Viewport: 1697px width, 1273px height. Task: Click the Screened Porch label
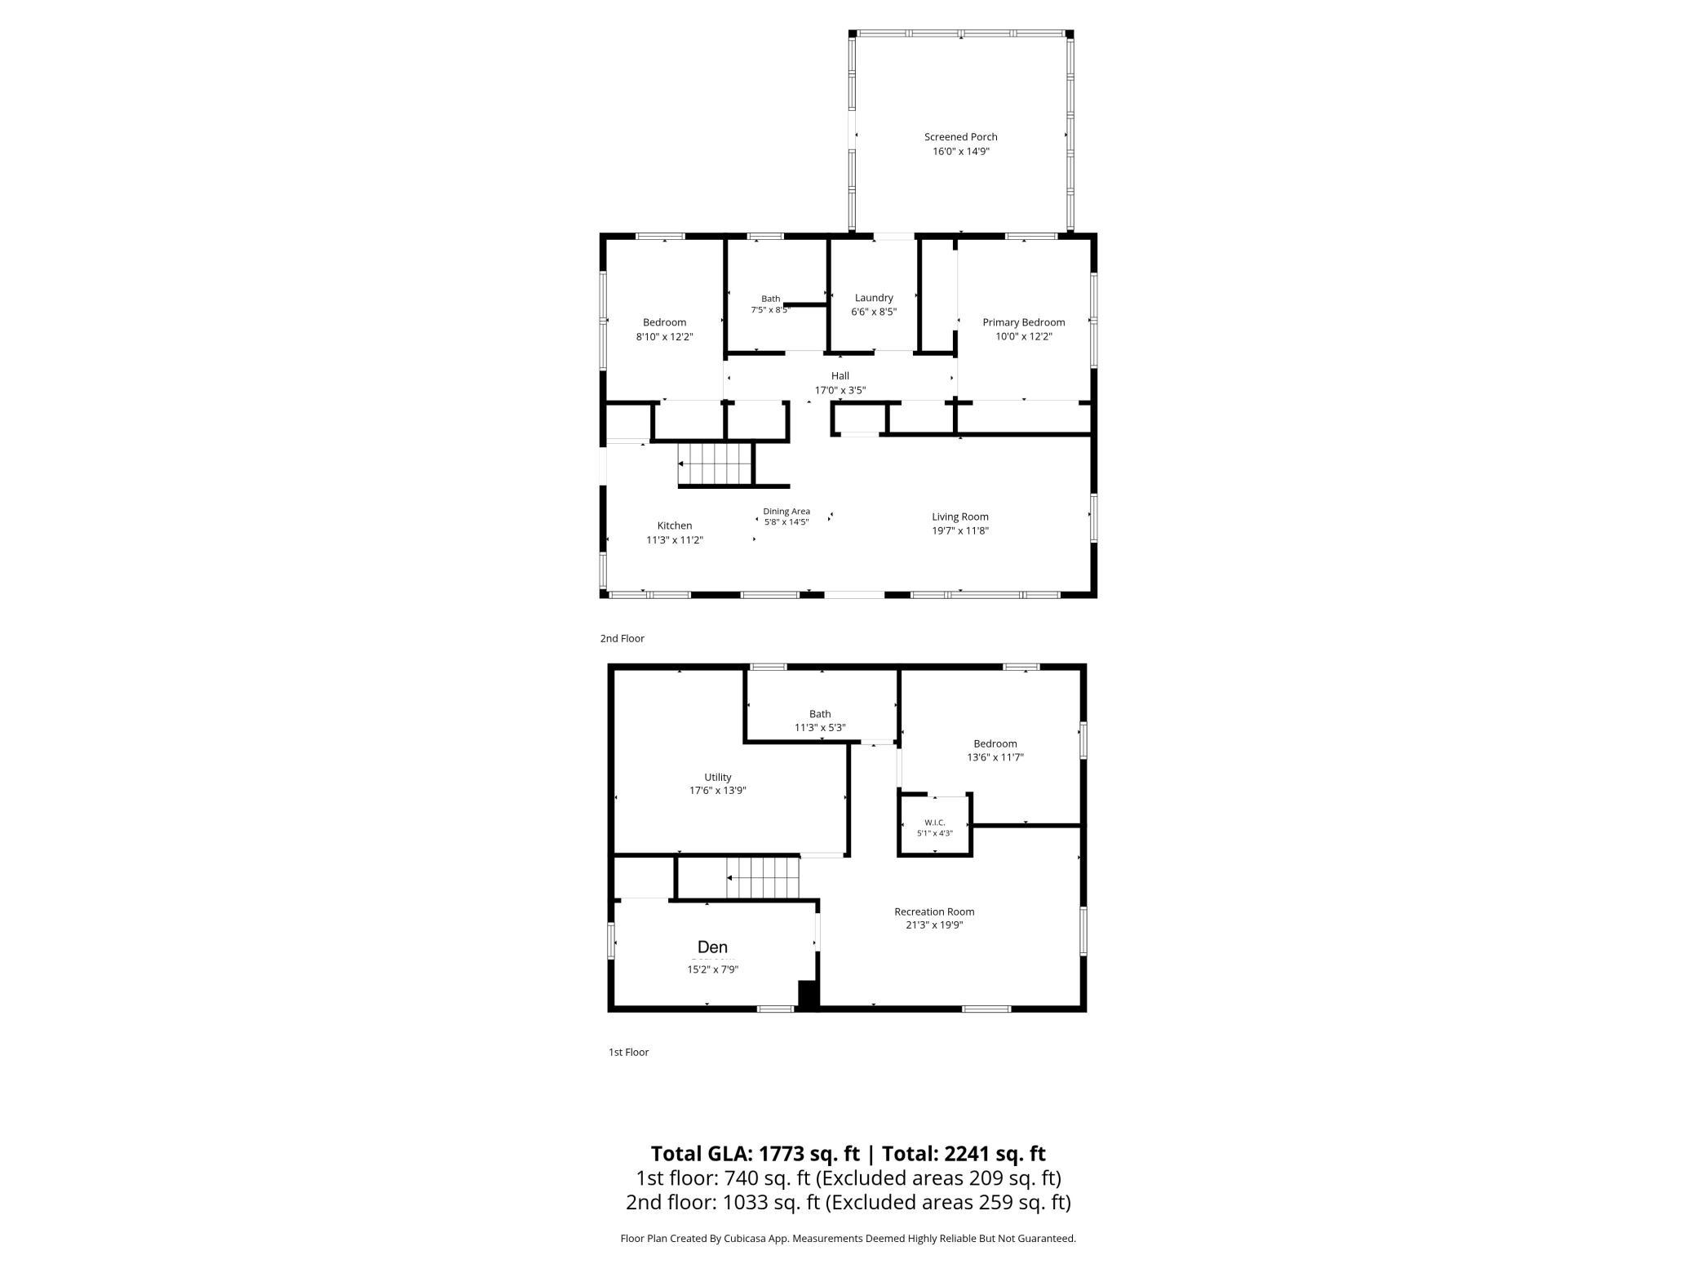(x=960, y=137)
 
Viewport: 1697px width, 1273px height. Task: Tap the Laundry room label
(x=874, y=298)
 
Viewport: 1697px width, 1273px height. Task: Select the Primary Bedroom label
(x=1023, y=322)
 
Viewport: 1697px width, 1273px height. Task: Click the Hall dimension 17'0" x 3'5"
(x=840, y=390)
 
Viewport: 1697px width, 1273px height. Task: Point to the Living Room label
(x=960, y=517)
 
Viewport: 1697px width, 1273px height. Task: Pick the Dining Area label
(x=786, y=512)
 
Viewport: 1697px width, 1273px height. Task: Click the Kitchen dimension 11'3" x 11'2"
(x=675, y=540)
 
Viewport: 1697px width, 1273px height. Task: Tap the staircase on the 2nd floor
(x=715, y=464)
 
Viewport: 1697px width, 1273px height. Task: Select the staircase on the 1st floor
(x=763, y=878)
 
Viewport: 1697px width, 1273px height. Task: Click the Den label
(x=712, y=947)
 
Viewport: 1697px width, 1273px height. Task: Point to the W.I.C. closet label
(x=934, y=823)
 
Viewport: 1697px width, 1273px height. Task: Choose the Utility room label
(x=718, y=777)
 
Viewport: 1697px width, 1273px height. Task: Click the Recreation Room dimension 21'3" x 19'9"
(x=934, y=925)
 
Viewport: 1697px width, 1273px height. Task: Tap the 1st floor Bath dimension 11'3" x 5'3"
(x=820, y=727)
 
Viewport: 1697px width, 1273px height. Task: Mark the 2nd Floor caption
(x=622, y=638)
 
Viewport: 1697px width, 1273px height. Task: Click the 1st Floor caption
(x=628, y=1052)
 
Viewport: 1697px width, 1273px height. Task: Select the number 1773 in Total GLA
(x=785, y=1154)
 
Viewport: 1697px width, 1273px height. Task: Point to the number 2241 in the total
(x=970, y=1154)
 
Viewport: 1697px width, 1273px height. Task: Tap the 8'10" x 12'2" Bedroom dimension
(x=664, y=336)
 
